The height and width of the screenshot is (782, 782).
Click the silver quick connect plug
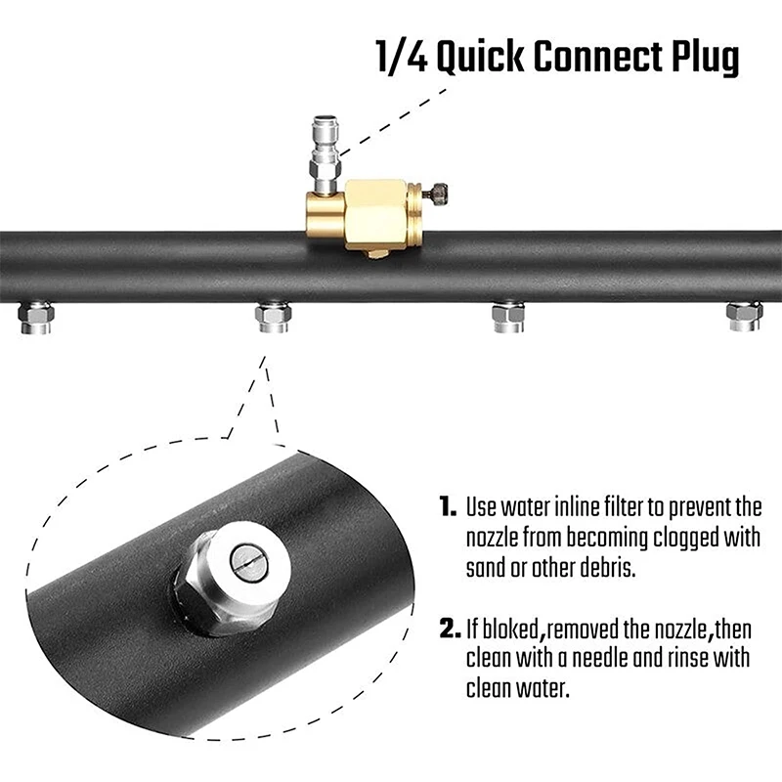click(323, 147)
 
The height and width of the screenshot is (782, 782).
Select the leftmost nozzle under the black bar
click(36, 318)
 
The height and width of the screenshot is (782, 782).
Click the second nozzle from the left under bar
click(273, 318)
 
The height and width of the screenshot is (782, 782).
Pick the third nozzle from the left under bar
click(508, 318)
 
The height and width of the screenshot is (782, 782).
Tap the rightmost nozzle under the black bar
click(744, 317)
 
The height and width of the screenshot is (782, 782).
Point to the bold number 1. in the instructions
click(448, 507)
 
